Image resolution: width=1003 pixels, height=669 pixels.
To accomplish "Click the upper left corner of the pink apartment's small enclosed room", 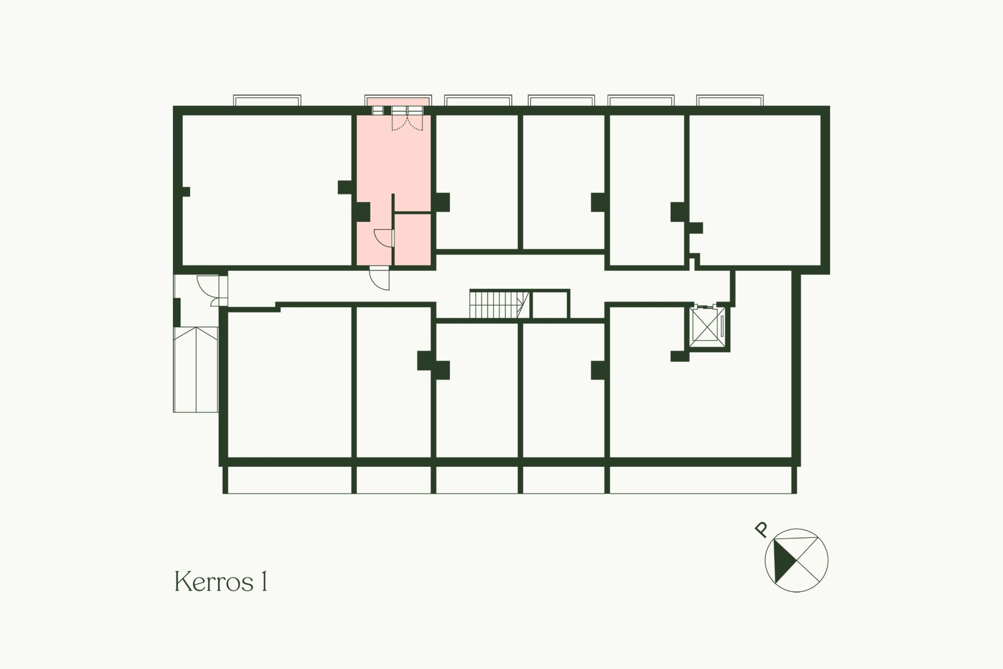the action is [394, 213].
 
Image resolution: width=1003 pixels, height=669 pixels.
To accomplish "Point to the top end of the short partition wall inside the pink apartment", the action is [393, 194].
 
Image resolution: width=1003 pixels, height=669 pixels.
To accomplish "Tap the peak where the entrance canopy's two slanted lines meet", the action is [196, 328].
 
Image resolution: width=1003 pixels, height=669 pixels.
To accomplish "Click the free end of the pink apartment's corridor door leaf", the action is [389, 289].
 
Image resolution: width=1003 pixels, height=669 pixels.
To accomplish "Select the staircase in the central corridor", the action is [499, 304].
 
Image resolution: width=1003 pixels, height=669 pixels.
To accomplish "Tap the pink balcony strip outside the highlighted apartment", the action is [398, 101].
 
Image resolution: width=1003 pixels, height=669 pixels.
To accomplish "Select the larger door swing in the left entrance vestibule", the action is [208, 286].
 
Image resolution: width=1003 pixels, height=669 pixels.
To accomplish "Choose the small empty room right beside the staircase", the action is [549, 304].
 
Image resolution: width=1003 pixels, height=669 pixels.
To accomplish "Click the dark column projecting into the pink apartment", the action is [363, 211].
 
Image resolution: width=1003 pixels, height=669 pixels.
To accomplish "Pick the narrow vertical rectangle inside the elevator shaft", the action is [721, 325].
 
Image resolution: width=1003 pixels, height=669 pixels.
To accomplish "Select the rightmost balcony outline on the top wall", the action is [730, 100].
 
